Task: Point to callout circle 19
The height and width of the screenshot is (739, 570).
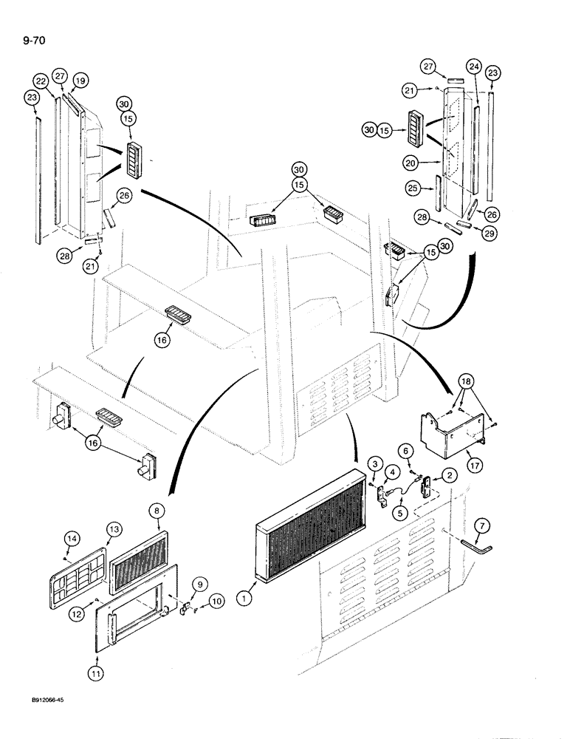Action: click(x=80, y=81)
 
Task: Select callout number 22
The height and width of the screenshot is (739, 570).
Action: click(x=41, y=81)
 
